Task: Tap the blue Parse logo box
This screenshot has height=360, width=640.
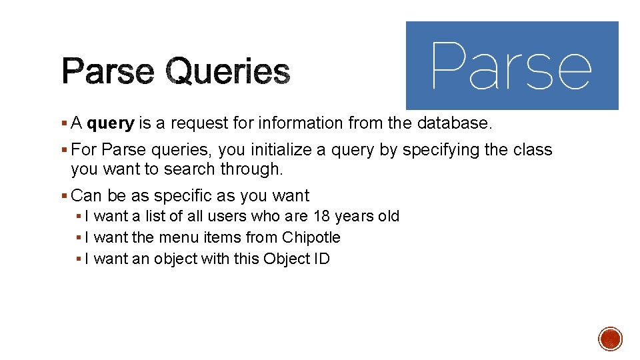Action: click(512, 65)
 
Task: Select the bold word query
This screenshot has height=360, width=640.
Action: click(111, 123)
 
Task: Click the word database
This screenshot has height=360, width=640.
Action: click(453, 123)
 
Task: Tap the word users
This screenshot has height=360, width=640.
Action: click(227, 217)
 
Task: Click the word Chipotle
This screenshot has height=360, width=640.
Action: click(311, 238)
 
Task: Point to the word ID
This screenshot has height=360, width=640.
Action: click(321, 259)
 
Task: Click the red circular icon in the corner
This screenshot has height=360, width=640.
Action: click(609, 339)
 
